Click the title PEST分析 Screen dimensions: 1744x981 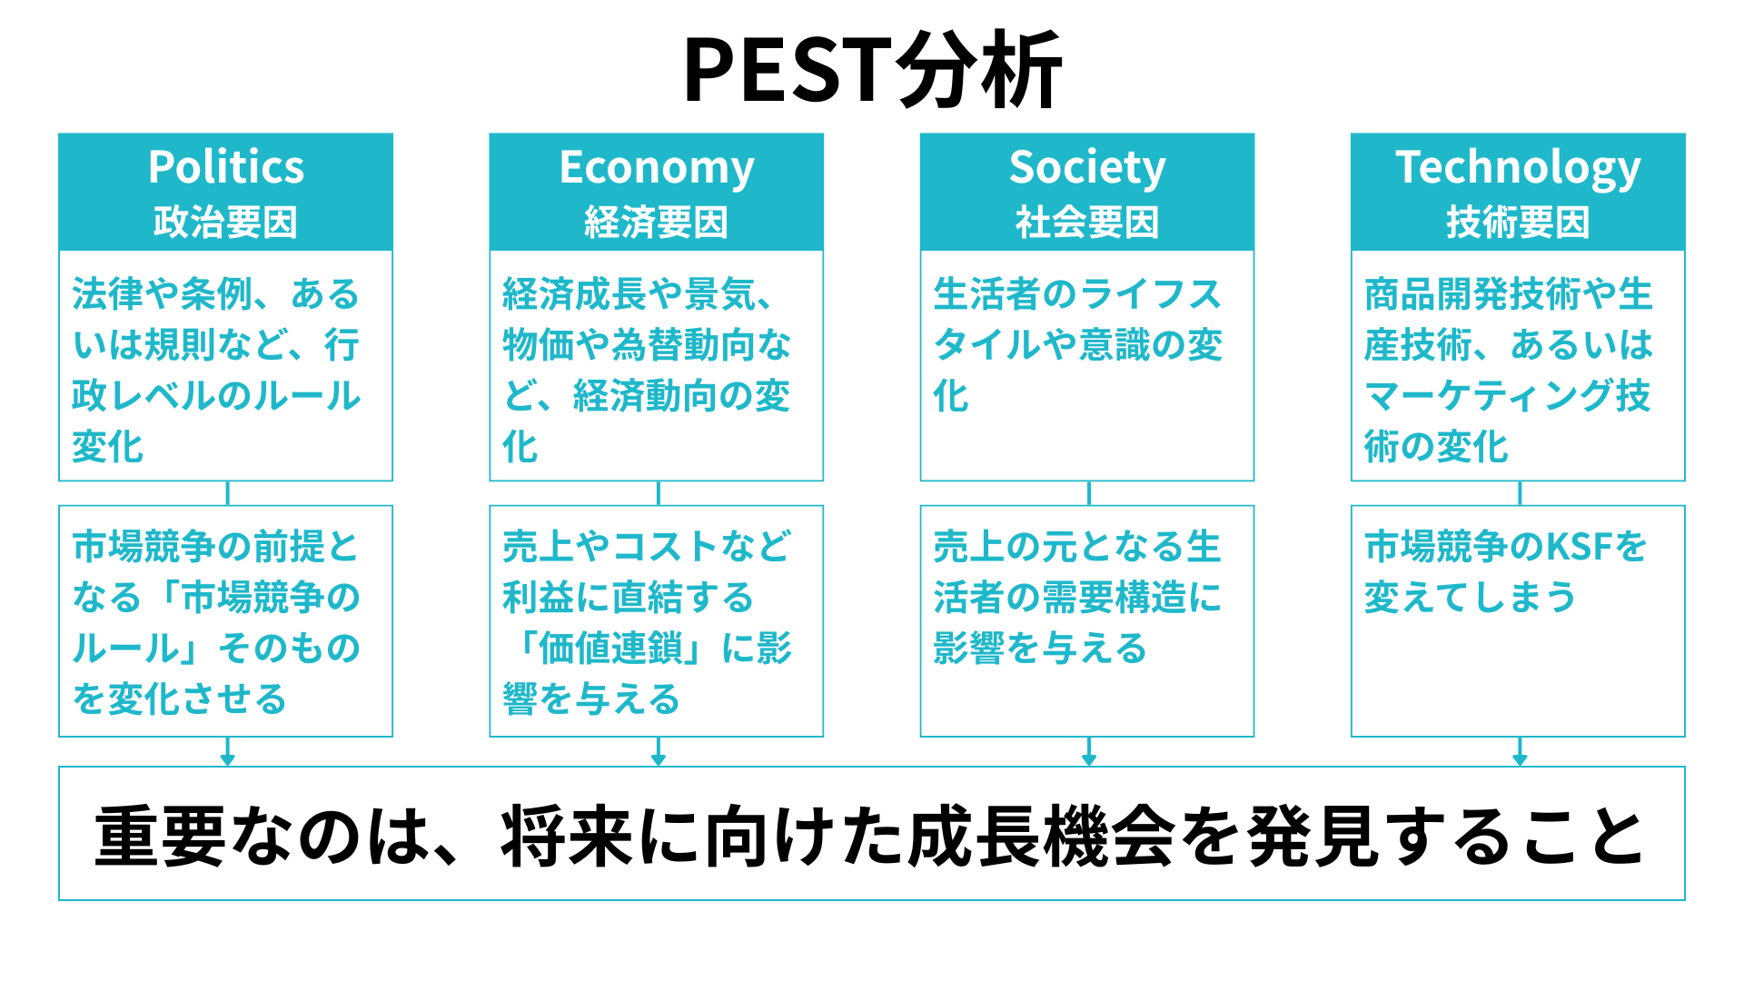872,70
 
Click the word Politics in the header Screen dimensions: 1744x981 226,167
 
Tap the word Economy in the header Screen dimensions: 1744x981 657,169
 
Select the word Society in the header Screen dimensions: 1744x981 1087,169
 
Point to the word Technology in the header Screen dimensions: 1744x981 1518,169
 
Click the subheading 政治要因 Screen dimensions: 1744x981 226,223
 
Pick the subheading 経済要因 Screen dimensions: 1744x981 657,223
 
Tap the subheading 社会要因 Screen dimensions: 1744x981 1087,223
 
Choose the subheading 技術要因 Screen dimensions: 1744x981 1518,223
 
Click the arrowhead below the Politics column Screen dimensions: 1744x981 227,758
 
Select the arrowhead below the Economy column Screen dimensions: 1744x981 659,758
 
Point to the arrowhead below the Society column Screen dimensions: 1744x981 1089,758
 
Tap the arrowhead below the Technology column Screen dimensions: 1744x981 1520,758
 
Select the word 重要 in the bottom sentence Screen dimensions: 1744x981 160,837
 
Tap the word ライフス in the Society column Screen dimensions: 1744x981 1150,294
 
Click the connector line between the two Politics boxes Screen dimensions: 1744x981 227,493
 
